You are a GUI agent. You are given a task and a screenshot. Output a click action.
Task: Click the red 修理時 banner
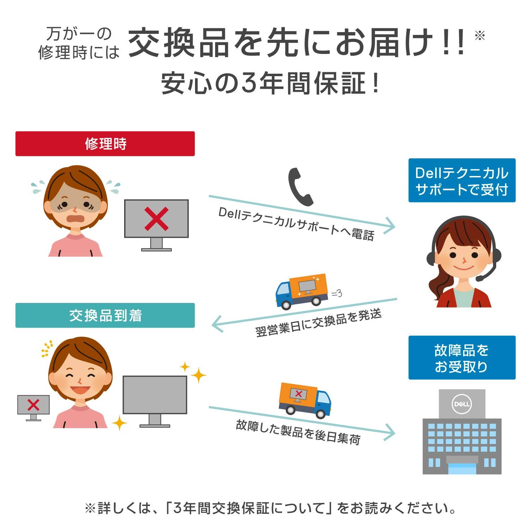click(x=105, y=144)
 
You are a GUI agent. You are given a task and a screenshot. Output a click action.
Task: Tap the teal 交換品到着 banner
click(x=105, y=315)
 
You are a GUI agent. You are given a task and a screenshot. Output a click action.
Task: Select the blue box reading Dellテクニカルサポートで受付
click(x=462, y=180)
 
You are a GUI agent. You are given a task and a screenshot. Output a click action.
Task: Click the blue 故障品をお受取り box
click(x=462, y=358)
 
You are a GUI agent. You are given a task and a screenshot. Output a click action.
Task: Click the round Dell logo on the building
click(x=462, y=404)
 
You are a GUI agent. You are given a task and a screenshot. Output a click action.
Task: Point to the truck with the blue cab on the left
click(x=302, y=292)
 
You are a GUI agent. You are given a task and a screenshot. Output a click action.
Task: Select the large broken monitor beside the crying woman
click(x=156, y=225)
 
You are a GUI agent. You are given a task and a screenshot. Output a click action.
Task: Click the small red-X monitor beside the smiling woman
click(x=34, y=407)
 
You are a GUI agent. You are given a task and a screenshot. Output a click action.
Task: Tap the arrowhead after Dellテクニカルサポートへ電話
click(x=389, y=225)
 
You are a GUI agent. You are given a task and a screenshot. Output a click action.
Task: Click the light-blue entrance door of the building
click(x=462, y=469)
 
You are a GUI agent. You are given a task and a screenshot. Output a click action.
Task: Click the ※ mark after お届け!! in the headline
click(x=480, y=36)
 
